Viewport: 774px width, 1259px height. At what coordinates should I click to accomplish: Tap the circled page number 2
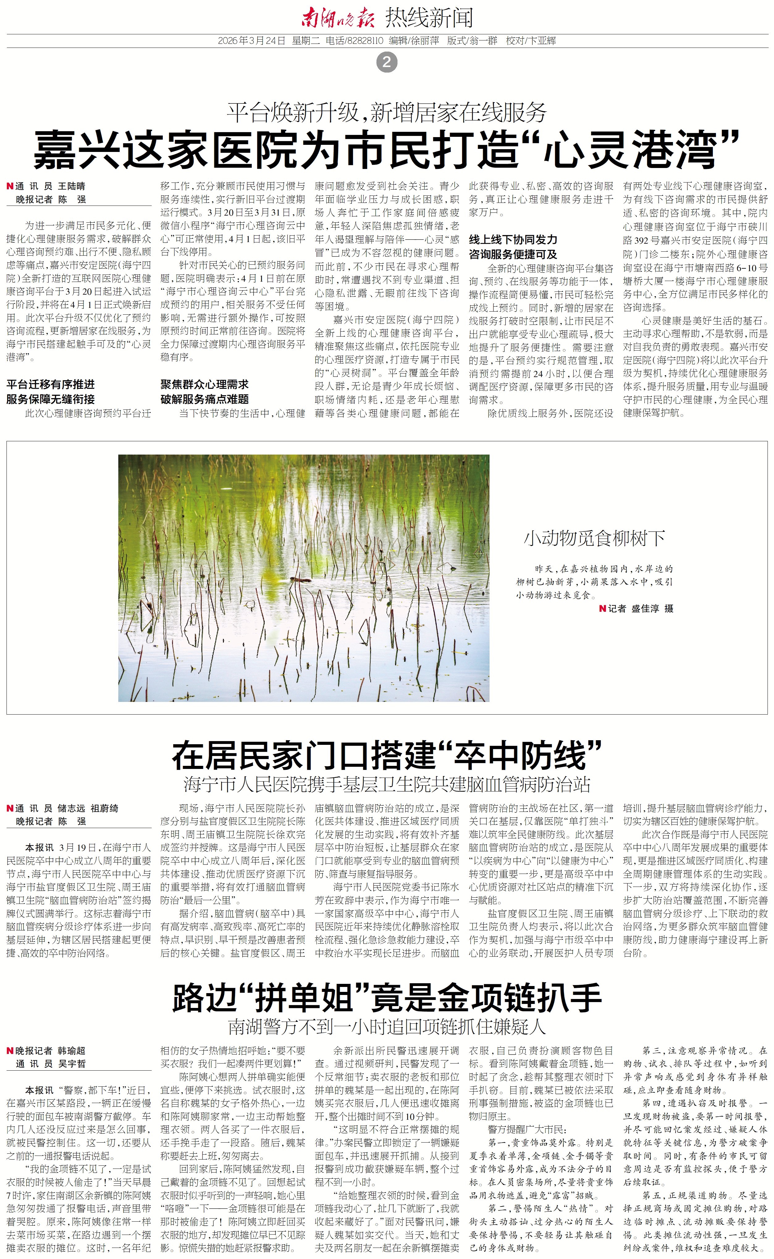click(x=386, y=62)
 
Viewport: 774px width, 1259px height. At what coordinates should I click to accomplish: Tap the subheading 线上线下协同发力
click(x=513, y=240)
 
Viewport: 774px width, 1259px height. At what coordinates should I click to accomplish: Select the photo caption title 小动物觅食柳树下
click(x=594, y=538)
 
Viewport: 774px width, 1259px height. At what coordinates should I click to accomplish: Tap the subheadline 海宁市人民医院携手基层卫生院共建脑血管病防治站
click(x=386, y=784)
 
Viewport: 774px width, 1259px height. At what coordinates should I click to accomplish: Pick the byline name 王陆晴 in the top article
click(x=71, y=186)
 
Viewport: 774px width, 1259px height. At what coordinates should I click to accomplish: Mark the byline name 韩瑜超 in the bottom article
click(x=71, y=1051)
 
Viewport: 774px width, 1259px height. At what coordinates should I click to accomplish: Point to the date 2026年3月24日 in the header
click(x=251, y=41)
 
